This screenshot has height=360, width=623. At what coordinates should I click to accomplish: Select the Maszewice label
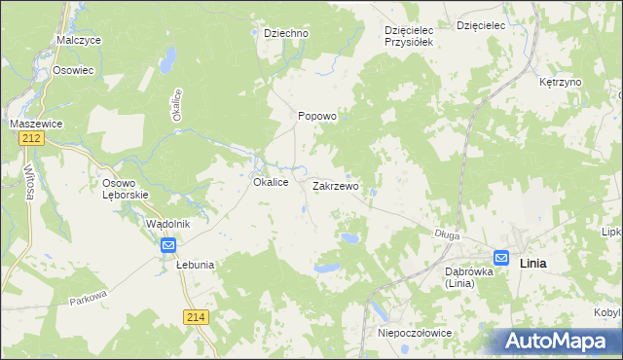coord(36,124)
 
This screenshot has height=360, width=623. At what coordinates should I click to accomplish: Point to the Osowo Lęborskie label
coord(125,189)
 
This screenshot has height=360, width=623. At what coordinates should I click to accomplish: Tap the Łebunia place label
coord(195,264)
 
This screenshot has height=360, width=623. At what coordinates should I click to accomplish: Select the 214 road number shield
coord(195,316)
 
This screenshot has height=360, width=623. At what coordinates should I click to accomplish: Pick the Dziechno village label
coord(286,33)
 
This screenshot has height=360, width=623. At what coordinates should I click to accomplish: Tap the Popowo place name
coord(316,116)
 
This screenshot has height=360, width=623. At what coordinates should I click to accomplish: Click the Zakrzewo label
coord(336,185)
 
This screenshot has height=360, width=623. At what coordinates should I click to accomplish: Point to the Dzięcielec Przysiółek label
coord(415,36)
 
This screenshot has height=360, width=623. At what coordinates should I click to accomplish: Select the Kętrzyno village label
coord(560,82)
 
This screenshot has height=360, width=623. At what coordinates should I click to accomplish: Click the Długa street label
coord(447,234)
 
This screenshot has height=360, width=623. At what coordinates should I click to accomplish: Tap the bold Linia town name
coord(533,264)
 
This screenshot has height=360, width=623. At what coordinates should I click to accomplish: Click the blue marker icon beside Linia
coord(501,258)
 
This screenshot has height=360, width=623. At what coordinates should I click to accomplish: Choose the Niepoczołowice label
coord(414,333)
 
